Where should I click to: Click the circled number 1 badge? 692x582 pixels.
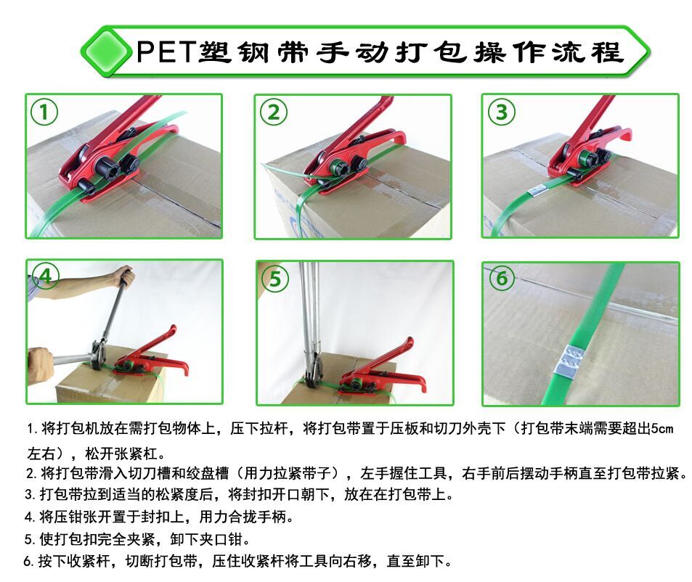click(45, 112)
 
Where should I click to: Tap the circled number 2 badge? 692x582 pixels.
click(274, 112)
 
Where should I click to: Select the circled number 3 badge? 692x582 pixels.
click(501, 112)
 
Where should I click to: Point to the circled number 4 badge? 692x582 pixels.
click(45, 276)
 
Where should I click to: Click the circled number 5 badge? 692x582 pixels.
click(274, 279)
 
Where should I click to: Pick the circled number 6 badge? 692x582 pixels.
click(502, 278)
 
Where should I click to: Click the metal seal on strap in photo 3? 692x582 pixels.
click(536, 191)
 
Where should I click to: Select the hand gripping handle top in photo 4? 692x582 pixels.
click(124, 276)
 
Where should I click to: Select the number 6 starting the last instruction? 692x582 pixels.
click(29, 562)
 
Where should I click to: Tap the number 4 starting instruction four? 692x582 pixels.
click(28, 517)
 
